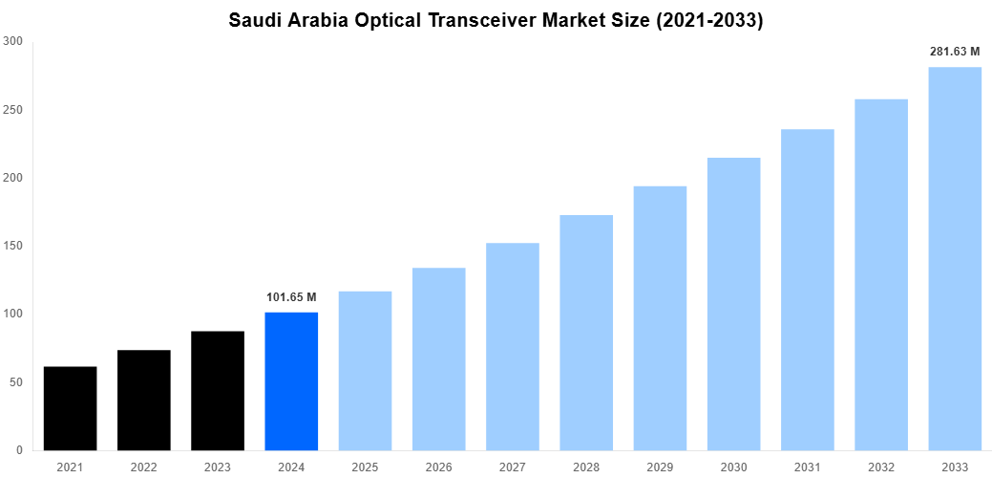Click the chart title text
[496, 20]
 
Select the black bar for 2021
[70, 408]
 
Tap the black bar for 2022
[144, 400]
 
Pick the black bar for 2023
[218, 390]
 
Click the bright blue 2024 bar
[291, 380]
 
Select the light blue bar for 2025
[365, 371]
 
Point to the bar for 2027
[513, 346]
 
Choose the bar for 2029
[660, 317]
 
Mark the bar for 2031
[808, 290]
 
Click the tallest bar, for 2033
[955, 258]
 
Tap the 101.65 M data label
[291, 297]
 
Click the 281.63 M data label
[955, 52]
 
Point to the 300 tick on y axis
[13, 41]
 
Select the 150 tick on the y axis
[13, 246]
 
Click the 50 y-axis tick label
[16, 382]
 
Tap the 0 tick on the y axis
[20, 450]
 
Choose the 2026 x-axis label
[438, 467]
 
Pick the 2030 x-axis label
[733, 467]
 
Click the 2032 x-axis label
[881, 467]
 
